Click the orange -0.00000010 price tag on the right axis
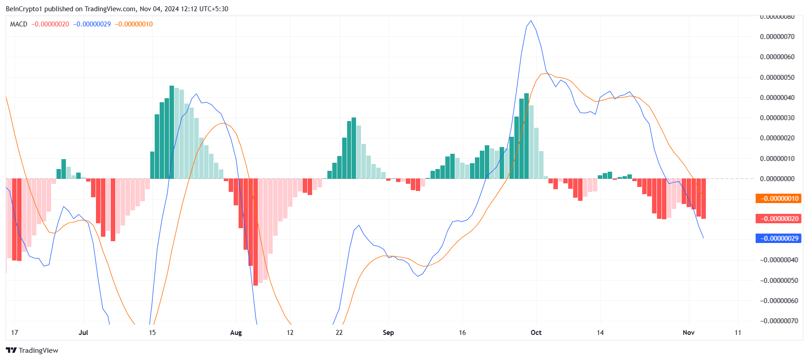(x=778, y=199)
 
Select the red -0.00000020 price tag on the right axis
(x=778, y=219)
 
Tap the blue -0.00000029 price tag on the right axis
(x=778, y=239)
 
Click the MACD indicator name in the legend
(x=19, y=24)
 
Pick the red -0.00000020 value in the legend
(x=50, y=24)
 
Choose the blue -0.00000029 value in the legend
(x=92, y=24)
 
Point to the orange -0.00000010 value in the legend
(x=134, y=24)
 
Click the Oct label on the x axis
(x=536, y=333)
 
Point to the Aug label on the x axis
(x=236, y=333)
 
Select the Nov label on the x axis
(x=688, y=333)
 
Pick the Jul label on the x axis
(x=83, y=333)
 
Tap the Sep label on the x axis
(x=388, y=333)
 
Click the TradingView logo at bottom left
(x=32, y=351)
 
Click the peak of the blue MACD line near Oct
(x=531, y=21)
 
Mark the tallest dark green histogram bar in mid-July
(x=172, y=132)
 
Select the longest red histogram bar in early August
(x=256, y=232)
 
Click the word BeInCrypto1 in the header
(x=24, y=9)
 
